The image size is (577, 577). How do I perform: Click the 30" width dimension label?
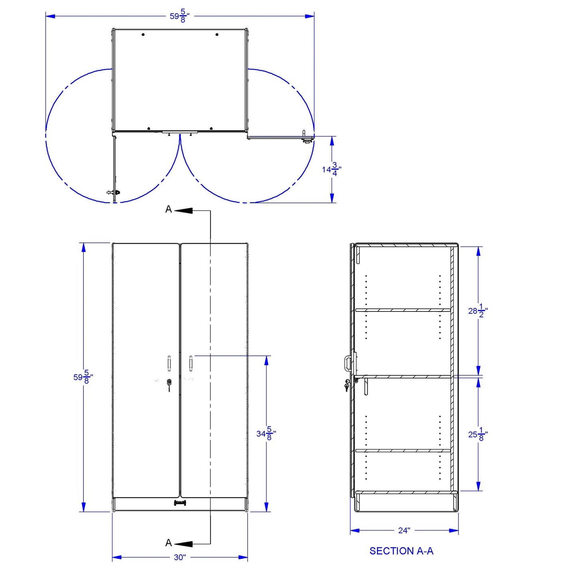click(x=180, y=557)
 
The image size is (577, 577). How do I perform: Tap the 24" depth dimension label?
click(x=404, y=530)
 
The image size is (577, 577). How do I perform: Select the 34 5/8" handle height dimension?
click(x=266, y=433)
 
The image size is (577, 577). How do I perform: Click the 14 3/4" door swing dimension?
click(x=331, y=169)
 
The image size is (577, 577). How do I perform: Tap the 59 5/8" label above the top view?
click(x=180, y=16)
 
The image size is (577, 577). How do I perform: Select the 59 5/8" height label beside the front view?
click(x=83, y=377)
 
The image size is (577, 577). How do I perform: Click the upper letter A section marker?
click(x=169, y=209)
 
